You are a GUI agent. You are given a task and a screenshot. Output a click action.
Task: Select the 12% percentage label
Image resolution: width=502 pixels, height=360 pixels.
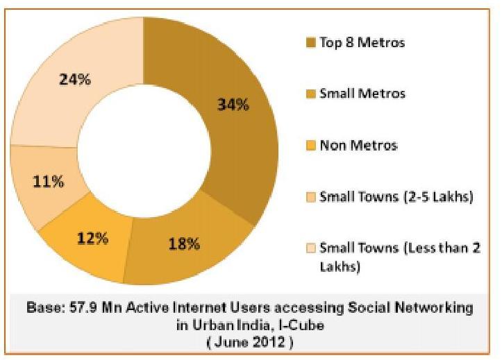[x=93, y=238]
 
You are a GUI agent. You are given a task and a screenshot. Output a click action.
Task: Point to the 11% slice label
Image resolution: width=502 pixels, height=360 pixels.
[x=49, y=182]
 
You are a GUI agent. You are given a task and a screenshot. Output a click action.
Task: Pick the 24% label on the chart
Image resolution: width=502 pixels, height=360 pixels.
[x=75, y=79]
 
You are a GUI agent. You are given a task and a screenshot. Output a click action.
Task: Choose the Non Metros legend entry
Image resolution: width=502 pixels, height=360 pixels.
[x=358, y=145]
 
